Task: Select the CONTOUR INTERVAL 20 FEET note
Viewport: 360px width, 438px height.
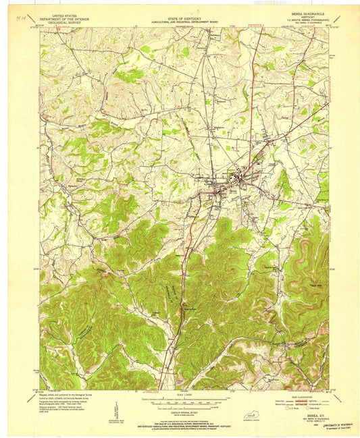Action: pyautogui.click(x=179, y=412)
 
